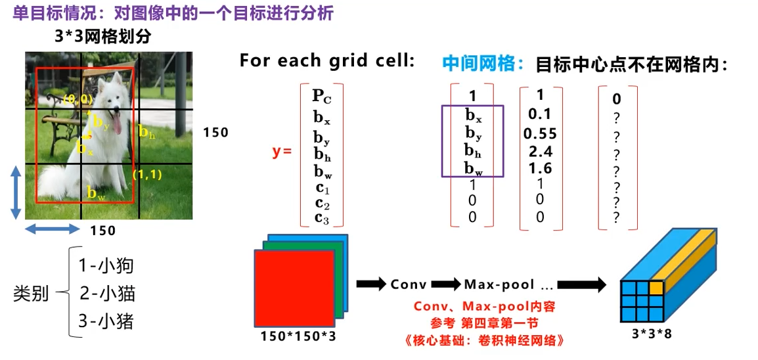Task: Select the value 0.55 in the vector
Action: coord(540,133)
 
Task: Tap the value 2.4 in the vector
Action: coord(540,151)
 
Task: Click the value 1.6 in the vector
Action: coord(540,168)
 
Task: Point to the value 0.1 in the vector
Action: coord(540,114)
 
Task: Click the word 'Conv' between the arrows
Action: coord(409,284)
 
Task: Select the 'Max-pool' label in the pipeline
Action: coord(496,284)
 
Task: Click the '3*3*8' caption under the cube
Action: coord(652,333)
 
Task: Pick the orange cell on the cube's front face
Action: coord(656,287)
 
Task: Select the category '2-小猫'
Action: coord(107,293)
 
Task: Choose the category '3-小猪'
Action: coord(106,321)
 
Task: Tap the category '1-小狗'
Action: coord(106,265)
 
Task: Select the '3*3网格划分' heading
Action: coord(102,37)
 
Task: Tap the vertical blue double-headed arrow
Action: coord(16,192)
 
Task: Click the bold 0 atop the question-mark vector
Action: coord(616,99)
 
